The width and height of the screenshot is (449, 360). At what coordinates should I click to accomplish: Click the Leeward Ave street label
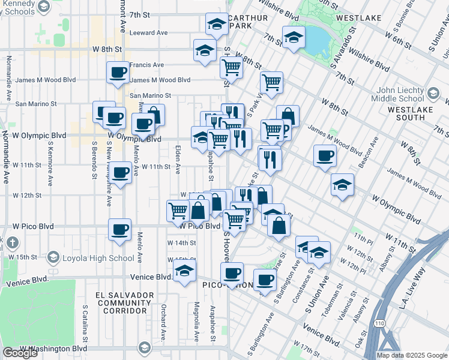(x=148, y=33)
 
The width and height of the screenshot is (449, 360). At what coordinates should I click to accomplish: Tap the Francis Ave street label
(x=146, y=65)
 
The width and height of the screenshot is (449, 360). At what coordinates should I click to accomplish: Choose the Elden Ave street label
(x=177, y=159)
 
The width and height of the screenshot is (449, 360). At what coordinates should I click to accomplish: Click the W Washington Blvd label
(x=53, y=348)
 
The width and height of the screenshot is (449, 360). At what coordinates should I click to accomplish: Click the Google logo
(x=20, y=353)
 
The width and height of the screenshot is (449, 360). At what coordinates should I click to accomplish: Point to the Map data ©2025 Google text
(x=412, y=355)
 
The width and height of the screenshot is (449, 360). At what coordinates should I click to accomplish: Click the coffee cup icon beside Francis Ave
(x=118, y=73)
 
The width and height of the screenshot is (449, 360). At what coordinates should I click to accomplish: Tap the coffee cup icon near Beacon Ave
(x=325, y=156)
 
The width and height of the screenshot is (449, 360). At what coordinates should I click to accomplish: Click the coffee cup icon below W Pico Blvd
(x=119, y=229)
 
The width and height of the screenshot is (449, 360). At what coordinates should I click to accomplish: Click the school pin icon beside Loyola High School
(x=53, y=258)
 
